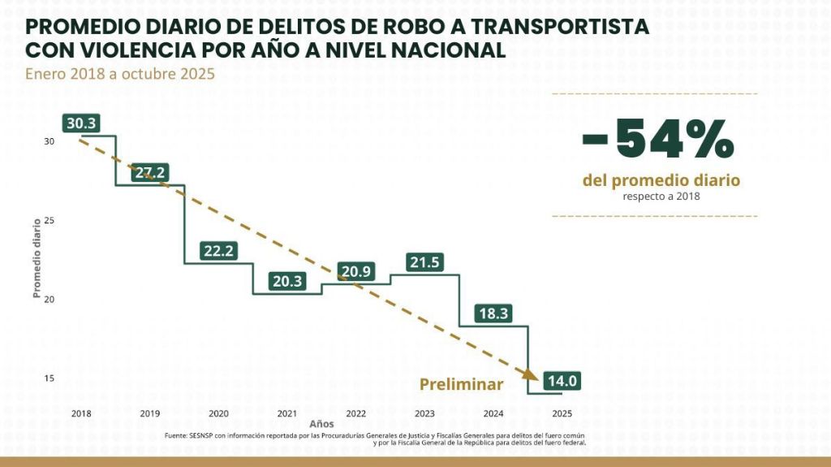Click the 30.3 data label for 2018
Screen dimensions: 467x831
click(81, 123)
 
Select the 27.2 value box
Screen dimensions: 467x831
click(150, 172)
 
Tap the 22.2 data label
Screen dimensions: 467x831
click(219, 251)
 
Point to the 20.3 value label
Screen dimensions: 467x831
click(287, 281)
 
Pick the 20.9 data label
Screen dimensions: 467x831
click(356, 271)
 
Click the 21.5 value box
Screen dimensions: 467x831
click(425, 262)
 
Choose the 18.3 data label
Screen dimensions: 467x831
click(493, 313)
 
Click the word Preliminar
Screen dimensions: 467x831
click(461, 384)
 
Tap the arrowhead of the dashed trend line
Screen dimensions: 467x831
click(529, 376)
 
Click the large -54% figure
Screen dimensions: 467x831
click(658, 140)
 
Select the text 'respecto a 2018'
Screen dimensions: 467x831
click(661, 196)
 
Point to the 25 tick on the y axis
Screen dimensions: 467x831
click(49, 220)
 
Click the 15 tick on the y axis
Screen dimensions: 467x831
click(49, 378)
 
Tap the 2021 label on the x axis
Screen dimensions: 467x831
click(286, 413)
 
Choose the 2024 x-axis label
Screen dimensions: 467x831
click(493, 413)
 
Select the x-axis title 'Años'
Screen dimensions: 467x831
click(321, 424)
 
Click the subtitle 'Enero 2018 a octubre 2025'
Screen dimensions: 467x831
click(119, 74)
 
